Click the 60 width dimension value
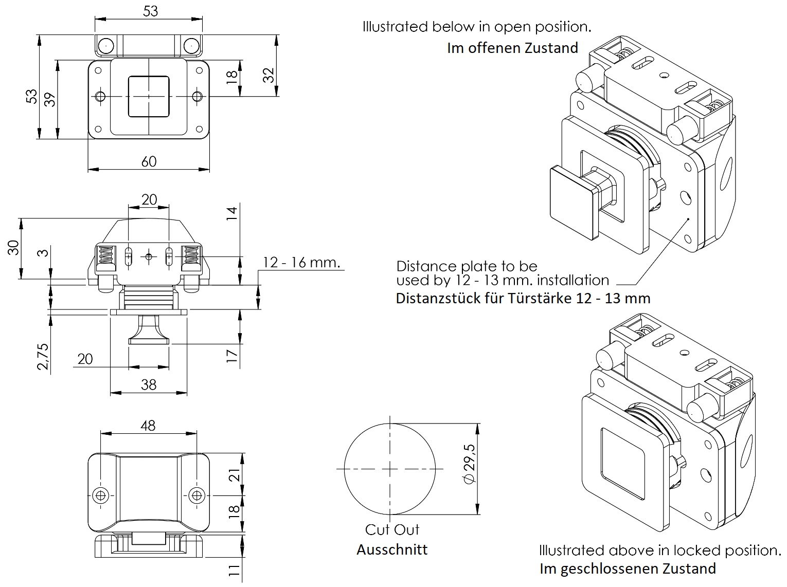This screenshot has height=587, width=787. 149,161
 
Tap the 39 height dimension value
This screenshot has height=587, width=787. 49,99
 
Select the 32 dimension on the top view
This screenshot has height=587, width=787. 268,75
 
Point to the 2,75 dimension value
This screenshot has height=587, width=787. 43,356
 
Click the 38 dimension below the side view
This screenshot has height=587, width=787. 148,384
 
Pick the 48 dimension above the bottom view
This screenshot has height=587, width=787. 148,426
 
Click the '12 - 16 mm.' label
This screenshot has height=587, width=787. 301,262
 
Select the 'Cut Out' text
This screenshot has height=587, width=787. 392,529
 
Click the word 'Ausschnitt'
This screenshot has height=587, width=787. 392,549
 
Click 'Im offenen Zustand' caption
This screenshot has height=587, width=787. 513,48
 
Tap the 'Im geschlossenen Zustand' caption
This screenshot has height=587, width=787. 628,568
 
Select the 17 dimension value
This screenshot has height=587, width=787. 233,355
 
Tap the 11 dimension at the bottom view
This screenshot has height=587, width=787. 233,570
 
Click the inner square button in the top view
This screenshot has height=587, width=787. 149,96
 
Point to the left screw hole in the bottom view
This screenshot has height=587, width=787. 101,495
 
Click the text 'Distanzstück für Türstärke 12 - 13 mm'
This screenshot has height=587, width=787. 523,299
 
